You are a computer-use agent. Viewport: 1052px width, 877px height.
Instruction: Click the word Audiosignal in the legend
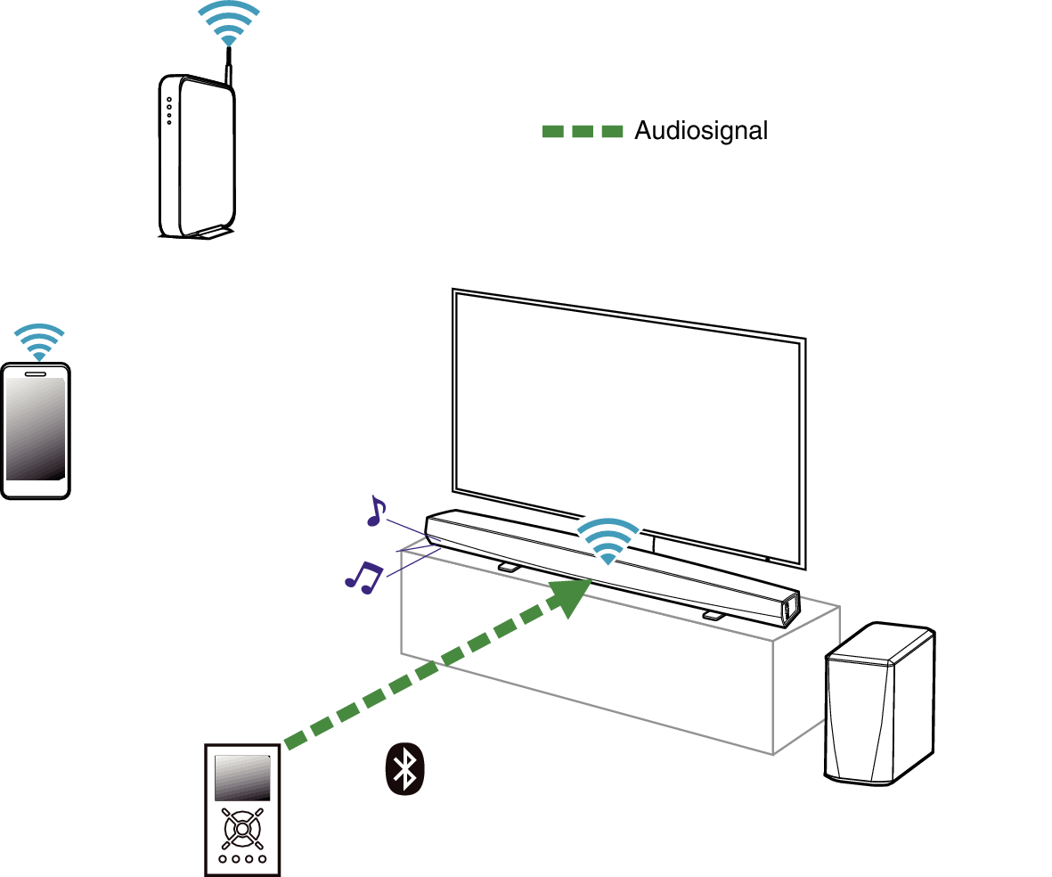[700, 131]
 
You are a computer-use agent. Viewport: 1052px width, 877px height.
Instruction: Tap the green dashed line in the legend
[583, 132]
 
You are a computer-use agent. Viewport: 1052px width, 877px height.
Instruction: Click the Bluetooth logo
[405, 768]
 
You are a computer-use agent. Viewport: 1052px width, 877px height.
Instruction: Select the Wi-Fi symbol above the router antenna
[229, 22]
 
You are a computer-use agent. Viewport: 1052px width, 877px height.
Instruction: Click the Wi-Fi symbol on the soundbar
[608, 540]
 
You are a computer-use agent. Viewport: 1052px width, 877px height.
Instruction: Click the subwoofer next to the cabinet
[878, 704]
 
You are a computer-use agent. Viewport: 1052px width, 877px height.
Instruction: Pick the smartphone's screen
[36, 430]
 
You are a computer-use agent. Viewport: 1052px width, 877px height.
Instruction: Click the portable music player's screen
[242, 777]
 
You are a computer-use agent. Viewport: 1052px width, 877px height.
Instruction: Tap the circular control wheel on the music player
[242, 828]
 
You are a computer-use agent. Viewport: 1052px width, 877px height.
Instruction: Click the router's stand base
[209, 234]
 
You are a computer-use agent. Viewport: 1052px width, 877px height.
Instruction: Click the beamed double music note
[363, 577]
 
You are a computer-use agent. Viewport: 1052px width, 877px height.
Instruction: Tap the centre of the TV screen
[629, 426]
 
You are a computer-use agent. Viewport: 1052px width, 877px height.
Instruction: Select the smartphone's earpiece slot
[37, 373]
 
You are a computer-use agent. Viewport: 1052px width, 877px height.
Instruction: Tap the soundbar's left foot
[509, 566]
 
